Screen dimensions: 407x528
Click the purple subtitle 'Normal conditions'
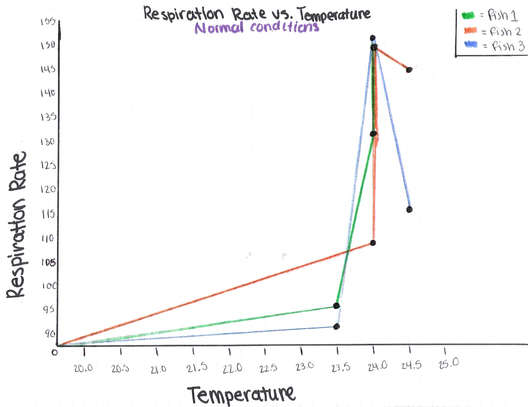coord(257,27)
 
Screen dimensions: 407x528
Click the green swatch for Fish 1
coord(468,15)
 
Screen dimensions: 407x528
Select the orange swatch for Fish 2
coord(470,31)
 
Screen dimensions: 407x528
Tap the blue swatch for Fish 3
coord(471,44)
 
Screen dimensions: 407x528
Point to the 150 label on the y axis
coord(48,45)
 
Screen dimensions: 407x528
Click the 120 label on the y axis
coord(48,189)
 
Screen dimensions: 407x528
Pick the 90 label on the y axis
coord(50,334)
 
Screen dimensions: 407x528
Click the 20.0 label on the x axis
coord(83,368)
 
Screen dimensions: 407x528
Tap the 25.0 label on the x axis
coord(448,363)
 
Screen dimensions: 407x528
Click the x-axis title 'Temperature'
coord(241,394)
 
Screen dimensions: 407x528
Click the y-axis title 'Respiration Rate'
coord(16,225)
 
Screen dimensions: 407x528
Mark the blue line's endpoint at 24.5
coord(409,209)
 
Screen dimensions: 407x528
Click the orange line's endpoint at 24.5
coord(409,70)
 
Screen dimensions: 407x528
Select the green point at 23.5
coord(336,306)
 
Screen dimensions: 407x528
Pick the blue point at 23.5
coord(337,326)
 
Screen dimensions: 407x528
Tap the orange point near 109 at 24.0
coord(373,243)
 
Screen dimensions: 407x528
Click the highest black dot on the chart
coord(373,38)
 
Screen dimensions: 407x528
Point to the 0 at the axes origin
coord(54,352)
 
